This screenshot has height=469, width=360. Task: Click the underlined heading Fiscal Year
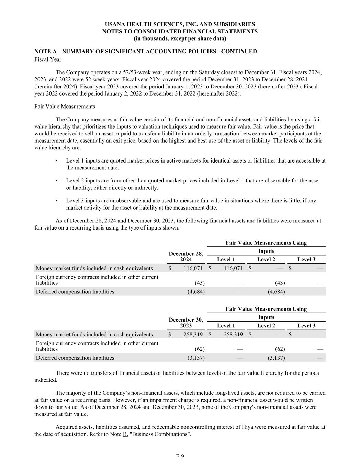(x=48, y=59)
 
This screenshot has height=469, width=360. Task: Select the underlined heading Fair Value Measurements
(x=65, y=107)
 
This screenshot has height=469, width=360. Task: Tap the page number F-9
(x=180, y=456)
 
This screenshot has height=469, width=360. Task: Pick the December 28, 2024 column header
(x=186, y=256)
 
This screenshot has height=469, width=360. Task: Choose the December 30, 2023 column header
(x=186, y=323)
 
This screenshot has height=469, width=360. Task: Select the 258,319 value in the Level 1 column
(x=233, y=334)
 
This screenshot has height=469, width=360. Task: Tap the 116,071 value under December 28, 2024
(x=193, y=268)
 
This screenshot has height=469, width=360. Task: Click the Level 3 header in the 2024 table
(x=306, y=259)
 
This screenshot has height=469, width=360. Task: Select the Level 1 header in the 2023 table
(x=226, y=326)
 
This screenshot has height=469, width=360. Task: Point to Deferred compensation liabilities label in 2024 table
(x=75, y=292)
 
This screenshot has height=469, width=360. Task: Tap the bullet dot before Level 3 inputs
(x=56, y=201)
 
